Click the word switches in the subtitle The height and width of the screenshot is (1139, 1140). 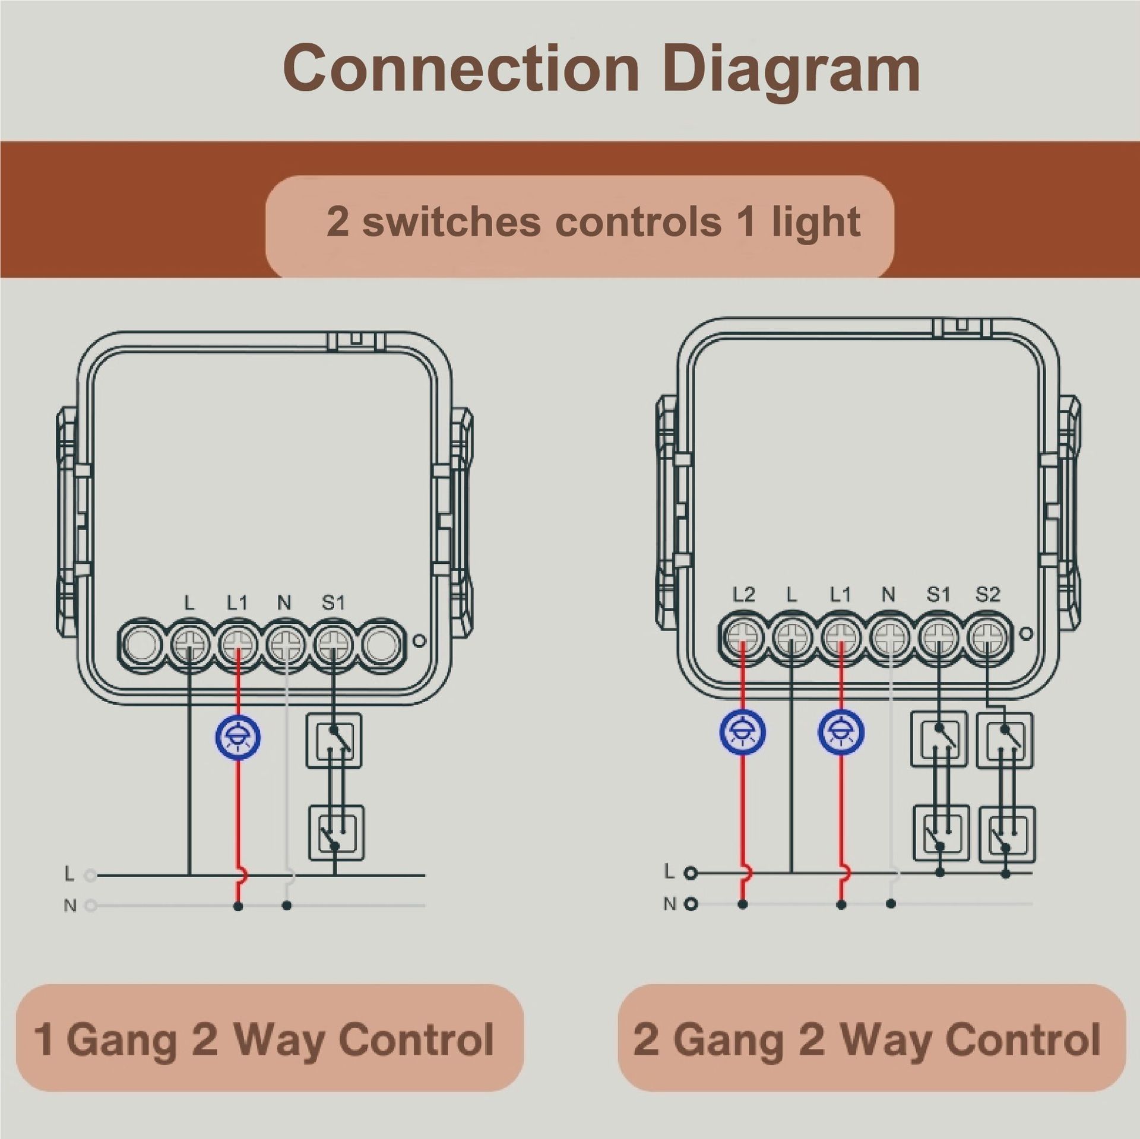pos(451,222)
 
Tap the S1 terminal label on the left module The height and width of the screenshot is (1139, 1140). pos(333,603)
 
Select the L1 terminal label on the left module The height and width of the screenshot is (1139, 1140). pos(237,603)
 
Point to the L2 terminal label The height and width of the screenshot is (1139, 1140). pos(743,594)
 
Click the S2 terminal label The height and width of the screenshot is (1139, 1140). pos(987,594)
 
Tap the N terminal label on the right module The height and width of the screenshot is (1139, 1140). pos(888,594)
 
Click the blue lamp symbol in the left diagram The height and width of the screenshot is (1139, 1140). pos(238,738)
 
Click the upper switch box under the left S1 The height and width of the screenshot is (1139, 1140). pos(334,741)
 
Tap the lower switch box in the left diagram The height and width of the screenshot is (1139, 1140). pos(335,832)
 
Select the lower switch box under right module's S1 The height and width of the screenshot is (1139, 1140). pos(942,833)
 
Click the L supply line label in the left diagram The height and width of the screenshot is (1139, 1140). pos(69,874)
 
